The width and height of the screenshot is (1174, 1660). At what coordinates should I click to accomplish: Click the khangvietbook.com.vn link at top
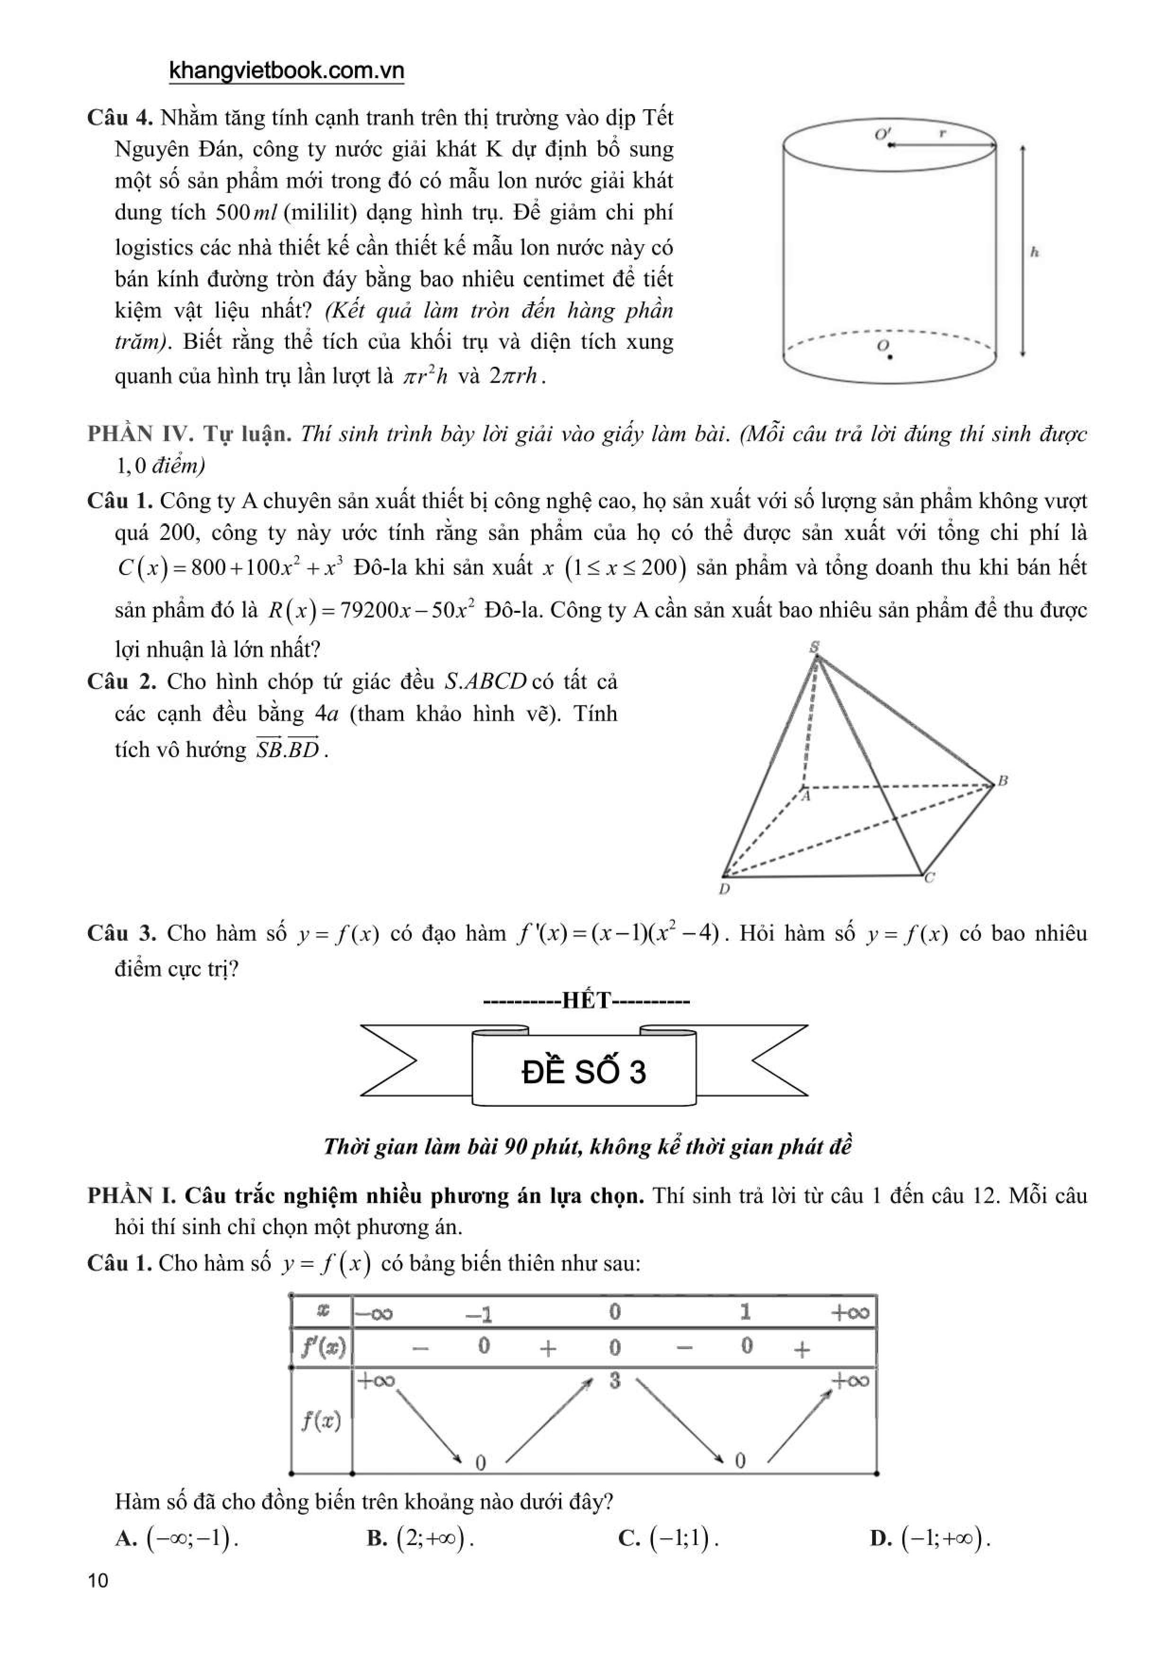tap(286, 71)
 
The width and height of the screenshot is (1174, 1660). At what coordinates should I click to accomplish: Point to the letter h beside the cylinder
tap(1034, 252)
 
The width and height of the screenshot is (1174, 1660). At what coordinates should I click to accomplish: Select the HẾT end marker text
tap(586, 1001)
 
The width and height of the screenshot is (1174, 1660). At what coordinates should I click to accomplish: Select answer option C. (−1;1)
tap(669, 1538)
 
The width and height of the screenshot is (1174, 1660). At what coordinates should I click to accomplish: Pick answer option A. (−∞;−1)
tap(177, 1538)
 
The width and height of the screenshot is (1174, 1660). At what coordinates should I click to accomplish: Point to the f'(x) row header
tap(322, 1347)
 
